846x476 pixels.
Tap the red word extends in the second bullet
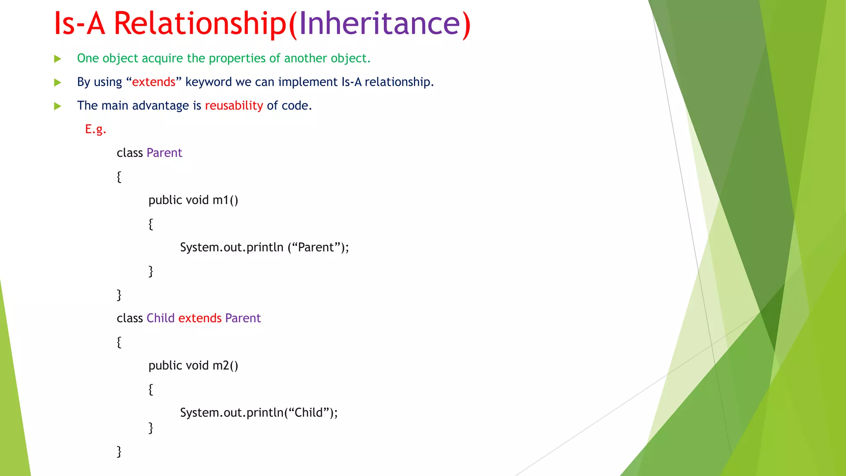click(154, 82)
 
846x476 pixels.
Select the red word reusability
click(234, 106)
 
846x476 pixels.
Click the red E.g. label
click(95, 129)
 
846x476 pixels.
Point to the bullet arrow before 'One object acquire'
click(58, 59)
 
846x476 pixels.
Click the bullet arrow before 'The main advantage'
click(58, 106)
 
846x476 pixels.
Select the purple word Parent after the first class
click(164, 153)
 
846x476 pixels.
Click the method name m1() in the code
click(225, 200)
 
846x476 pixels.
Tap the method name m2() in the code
click(225, 366)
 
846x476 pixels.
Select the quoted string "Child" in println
click(309, 413)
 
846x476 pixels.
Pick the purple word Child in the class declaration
click(161, 318)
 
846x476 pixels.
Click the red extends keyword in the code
click(200, 318)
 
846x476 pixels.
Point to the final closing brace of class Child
click(119, 451)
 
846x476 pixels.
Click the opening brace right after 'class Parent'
click(119, 177)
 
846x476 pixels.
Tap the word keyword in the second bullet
click(209, 82)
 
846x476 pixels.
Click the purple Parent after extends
click(243, 318)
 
